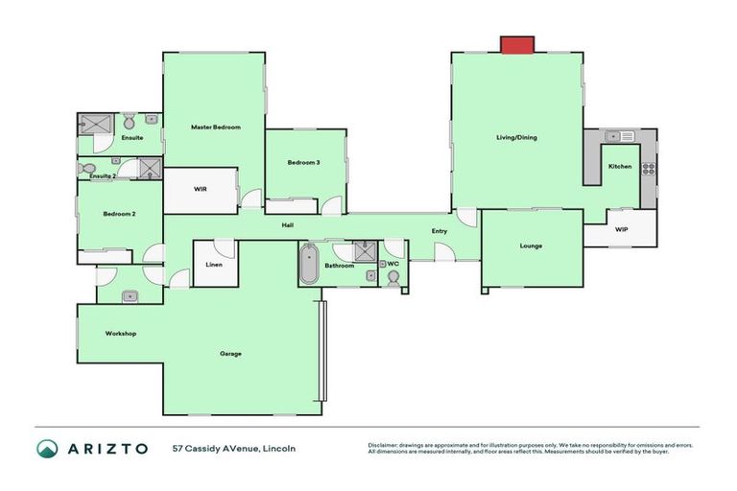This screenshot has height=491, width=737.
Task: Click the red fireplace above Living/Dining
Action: [516, 45]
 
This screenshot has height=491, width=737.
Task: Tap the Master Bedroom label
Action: [215, 127]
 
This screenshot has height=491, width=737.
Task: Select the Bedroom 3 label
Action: [303, 163]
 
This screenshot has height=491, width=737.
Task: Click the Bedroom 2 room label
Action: [119, 214]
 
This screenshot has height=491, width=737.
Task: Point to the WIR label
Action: [201, 189]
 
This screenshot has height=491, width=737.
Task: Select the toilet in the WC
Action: [393, 277]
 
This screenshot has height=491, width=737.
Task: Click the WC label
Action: [393, 263]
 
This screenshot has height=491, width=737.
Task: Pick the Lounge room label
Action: [531, 245]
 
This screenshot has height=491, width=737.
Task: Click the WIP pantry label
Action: [621, 230]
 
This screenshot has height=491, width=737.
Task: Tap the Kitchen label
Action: [620, 167]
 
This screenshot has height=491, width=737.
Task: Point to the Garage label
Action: [230, 354]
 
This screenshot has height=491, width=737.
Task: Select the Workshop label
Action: [121, 334]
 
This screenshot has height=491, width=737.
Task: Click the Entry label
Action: [440, 231]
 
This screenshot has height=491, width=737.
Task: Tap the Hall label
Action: [287, 225]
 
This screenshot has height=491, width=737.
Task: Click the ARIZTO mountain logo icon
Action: [47, 448]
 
